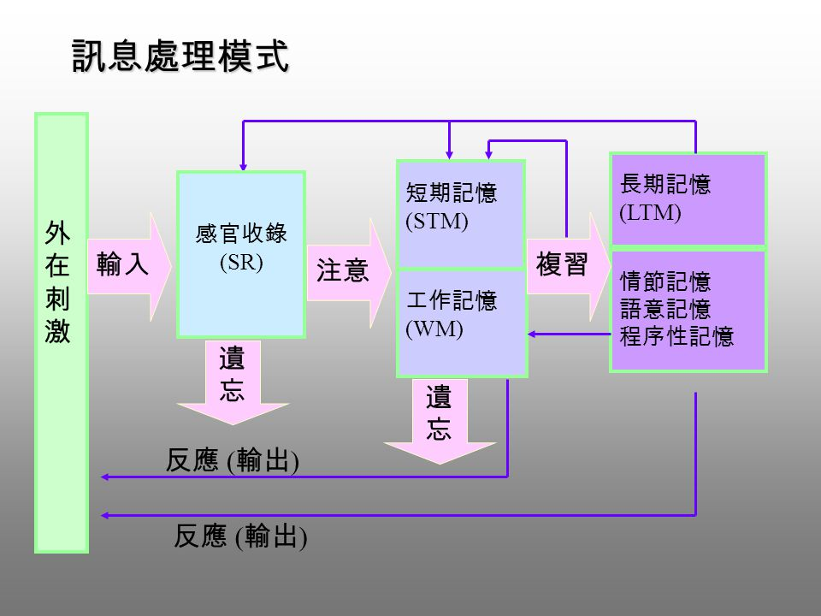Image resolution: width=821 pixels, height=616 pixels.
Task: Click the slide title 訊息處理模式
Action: pos(180,56)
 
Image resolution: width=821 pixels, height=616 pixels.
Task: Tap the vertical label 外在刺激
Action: pos(59,282)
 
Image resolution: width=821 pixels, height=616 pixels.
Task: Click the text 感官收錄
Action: pos(241,234)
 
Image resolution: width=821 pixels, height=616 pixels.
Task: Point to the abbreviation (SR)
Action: pos(241,262)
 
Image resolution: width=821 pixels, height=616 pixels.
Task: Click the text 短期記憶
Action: pos(451,193)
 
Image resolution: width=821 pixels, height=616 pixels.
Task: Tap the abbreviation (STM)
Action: pos(437,221)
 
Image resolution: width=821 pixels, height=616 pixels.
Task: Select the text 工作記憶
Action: pos(451,300)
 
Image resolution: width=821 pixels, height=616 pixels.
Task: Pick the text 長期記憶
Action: pos(665,185)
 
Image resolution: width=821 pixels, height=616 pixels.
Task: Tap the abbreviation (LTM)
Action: pos(650,213)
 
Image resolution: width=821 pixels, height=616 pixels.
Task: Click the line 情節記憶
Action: pos(665,281)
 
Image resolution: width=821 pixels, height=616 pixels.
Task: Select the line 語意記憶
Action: pos(665,309)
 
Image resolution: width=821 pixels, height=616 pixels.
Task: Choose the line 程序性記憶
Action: pos(676,336)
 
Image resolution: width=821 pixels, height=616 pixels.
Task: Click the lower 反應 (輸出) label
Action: pos(240,536)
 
